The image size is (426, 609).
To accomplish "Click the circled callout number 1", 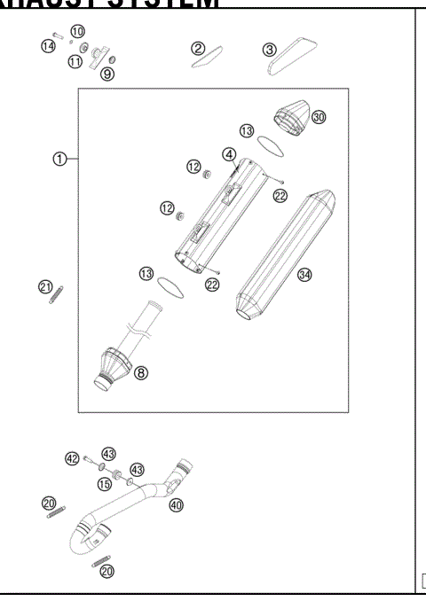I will click(59, 159).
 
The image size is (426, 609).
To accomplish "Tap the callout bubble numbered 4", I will click(228, 154).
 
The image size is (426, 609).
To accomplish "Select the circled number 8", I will click(141, 372).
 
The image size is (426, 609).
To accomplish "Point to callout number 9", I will click(106, 74).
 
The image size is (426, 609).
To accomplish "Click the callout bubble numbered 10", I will click(77, 31).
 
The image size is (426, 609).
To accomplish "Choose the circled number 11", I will click(75, 62).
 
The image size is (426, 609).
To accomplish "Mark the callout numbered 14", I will click(48, 45).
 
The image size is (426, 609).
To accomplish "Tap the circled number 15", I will click(104, 483).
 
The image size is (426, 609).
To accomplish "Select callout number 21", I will click(45, 285).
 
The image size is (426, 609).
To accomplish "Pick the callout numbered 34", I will click(304, 275).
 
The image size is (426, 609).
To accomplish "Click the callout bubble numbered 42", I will click(72, 457).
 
